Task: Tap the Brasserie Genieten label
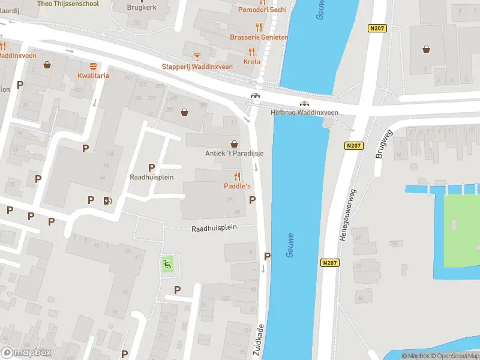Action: point(259,37)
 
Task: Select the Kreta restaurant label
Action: point(252,62)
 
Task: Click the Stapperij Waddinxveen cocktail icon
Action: point(196,57)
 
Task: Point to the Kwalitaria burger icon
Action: point(93,66)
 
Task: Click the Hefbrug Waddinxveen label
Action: point(304,112)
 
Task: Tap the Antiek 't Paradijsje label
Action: point(234,153)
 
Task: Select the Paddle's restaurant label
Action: point(238,186)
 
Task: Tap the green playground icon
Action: point(168,263)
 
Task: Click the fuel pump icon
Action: point(107,200)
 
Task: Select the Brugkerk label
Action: point(141,8)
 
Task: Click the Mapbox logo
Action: point(26,353)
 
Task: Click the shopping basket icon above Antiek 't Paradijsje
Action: point(234,144)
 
